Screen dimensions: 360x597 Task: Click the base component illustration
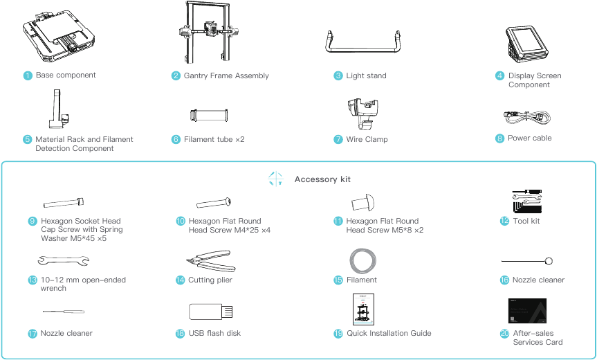pos(57,35)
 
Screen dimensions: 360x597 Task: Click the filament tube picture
pos(209,114)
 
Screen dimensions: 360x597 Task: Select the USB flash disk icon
pos(210,312)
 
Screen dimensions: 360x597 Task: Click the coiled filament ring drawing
pos(363,261)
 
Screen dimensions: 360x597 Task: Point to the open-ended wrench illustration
pos(63,260)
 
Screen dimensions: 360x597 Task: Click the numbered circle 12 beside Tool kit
pos(504,222)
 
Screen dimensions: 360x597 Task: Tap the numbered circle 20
pos(504,334)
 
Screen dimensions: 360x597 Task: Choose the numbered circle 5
pos(28,140)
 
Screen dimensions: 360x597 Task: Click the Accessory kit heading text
pos(322,179)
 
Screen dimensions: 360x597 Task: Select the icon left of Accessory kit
pos(275,179)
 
